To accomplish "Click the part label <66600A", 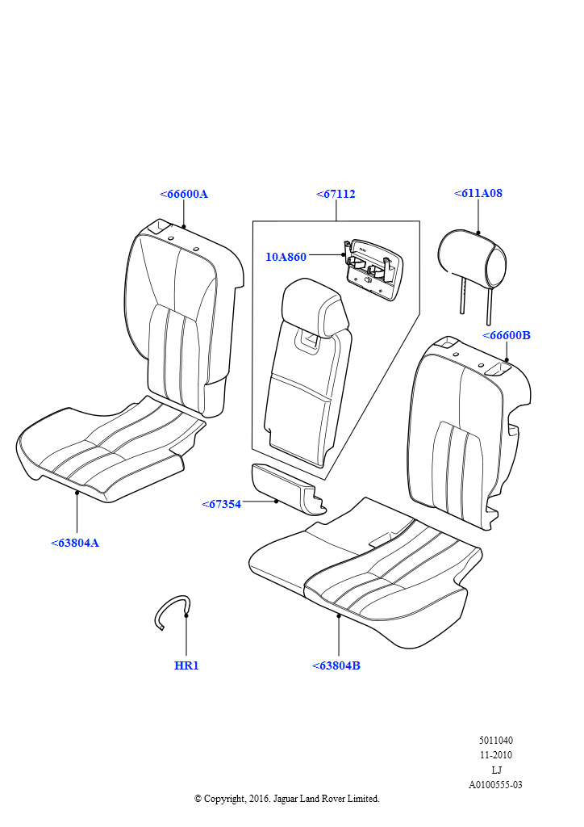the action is pyautogui.click(x=184, y=194).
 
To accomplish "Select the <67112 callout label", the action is pyautogui.click(x=336, y=194).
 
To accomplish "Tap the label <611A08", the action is pyautogui.click(x=478, y=193).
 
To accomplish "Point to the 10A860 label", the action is pyautogui.click(x=286, y=257).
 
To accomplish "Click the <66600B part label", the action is pyautogui.click(x=507, y=335).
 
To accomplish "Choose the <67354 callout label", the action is pyautogui.click(x=221, y=504).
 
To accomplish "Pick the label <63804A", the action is pyautogui.click(x=75, y=543).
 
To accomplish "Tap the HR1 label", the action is pyautogui.click(x=186, y=665).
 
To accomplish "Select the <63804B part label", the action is pyautogui.click(x=336, y=665).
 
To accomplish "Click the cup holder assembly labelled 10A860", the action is pyautogui.click(x=373, y=269).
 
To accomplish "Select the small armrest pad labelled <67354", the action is pyautogui.click(x=287, y=489).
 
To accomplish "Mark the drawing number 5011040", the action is pyautogui.click(x=495, y=741).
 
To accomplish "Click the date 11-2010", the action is pyautogui.click(x=495, y=755).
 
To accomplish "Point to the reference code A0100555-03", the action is pyautogui.click(x=495, y=785).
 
